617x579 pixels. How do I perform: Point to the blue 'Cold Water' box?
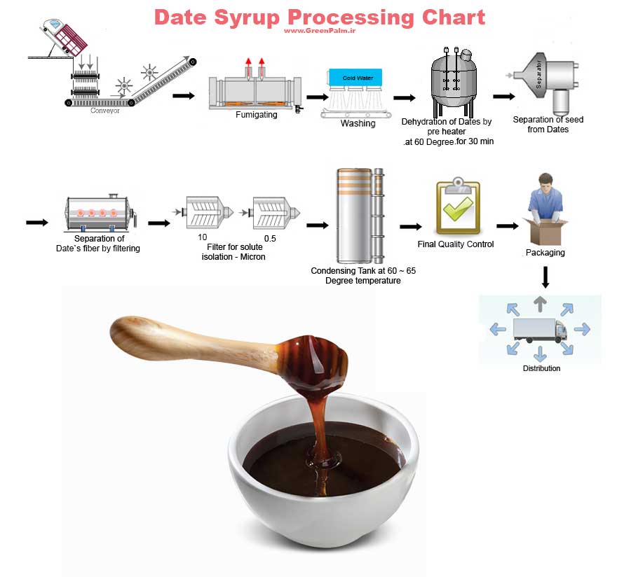point(358,78)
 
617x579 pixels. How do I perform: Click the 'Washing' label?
point(358,124)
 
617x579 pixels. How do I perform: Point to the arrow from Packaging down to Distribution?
point(545,277)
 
